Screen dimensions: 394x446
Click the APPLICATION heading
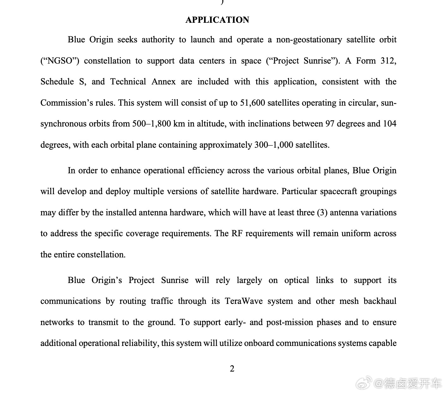pos(217,20)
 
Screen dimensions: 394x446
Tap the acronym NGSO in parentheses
pos(60,61)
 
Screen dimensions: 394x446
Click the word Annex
pos(163,82)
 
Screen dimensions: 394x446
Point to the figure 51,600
pos(252,103)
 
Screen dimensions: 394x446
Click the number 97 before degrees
pos(330,124)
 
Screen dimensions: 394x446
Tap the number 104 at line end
pos(389,124)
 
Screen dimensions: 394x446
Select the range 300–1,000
pos(274,145)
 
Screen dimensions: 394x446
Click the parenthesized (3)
pos(322,212)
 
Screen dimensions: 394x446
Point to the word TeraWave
pos(244,301)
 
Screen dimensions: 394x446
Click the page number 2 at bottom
pos(232,369)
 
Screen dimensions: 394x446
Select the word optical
pos(297,280)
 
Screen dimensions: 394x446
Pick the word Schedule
pos(57,82)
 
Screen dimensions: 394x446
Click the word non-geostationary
pos(309,40)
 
